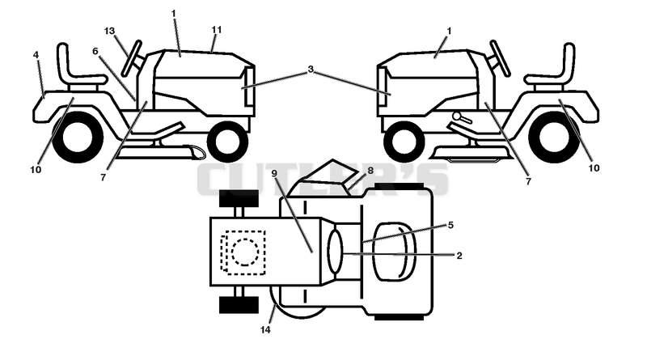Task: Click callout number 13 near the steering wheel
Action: click(x=109, y=32)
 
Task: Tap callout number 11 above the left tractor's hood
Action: click(x=217, y=30)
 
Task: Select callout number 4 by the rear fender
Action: click(x=36, y=55)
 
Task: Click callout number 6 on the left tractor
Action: click(x=95, y=51)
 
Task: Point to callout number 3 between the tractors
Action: click(x=311, y=70)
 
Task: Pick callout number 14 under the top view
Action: click(x=265, y=330)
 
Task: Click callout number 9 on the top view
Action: click(x=274, y=173)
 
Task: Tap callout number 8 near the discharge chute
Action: click(x=370, y=170)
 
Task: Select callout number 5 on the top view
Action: click(x=450, y=225)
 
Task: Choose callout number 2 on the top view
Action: click(x=459, y=256)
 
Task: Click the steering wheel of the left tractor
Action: click(x=132, y=58)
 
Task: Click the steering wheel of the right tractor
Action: click(x=501, y=58)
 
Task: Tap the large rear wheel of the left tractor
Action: click(x=78, y=137)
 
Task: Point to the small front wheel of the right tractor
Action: click(x=404, y=142)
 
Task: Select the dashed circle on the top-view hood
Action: click(x=246, y=252)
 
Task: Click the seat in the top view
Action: click(x=395, y=252)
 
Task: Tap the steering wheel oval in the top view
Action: click(x=335, y=252)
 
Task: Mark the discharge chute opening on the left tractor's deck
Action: click(x=197, y=151)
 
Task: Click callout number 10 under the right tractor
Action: click(x=594, y=168)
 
